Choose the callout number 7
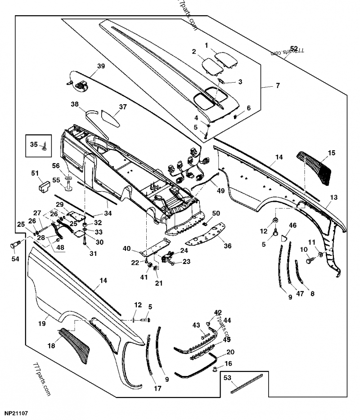tap(277, 85)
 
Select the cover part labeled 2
tap(210, 66)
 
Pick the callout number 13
tap(333, 197)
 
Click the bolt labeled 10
tap(310, 260)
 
